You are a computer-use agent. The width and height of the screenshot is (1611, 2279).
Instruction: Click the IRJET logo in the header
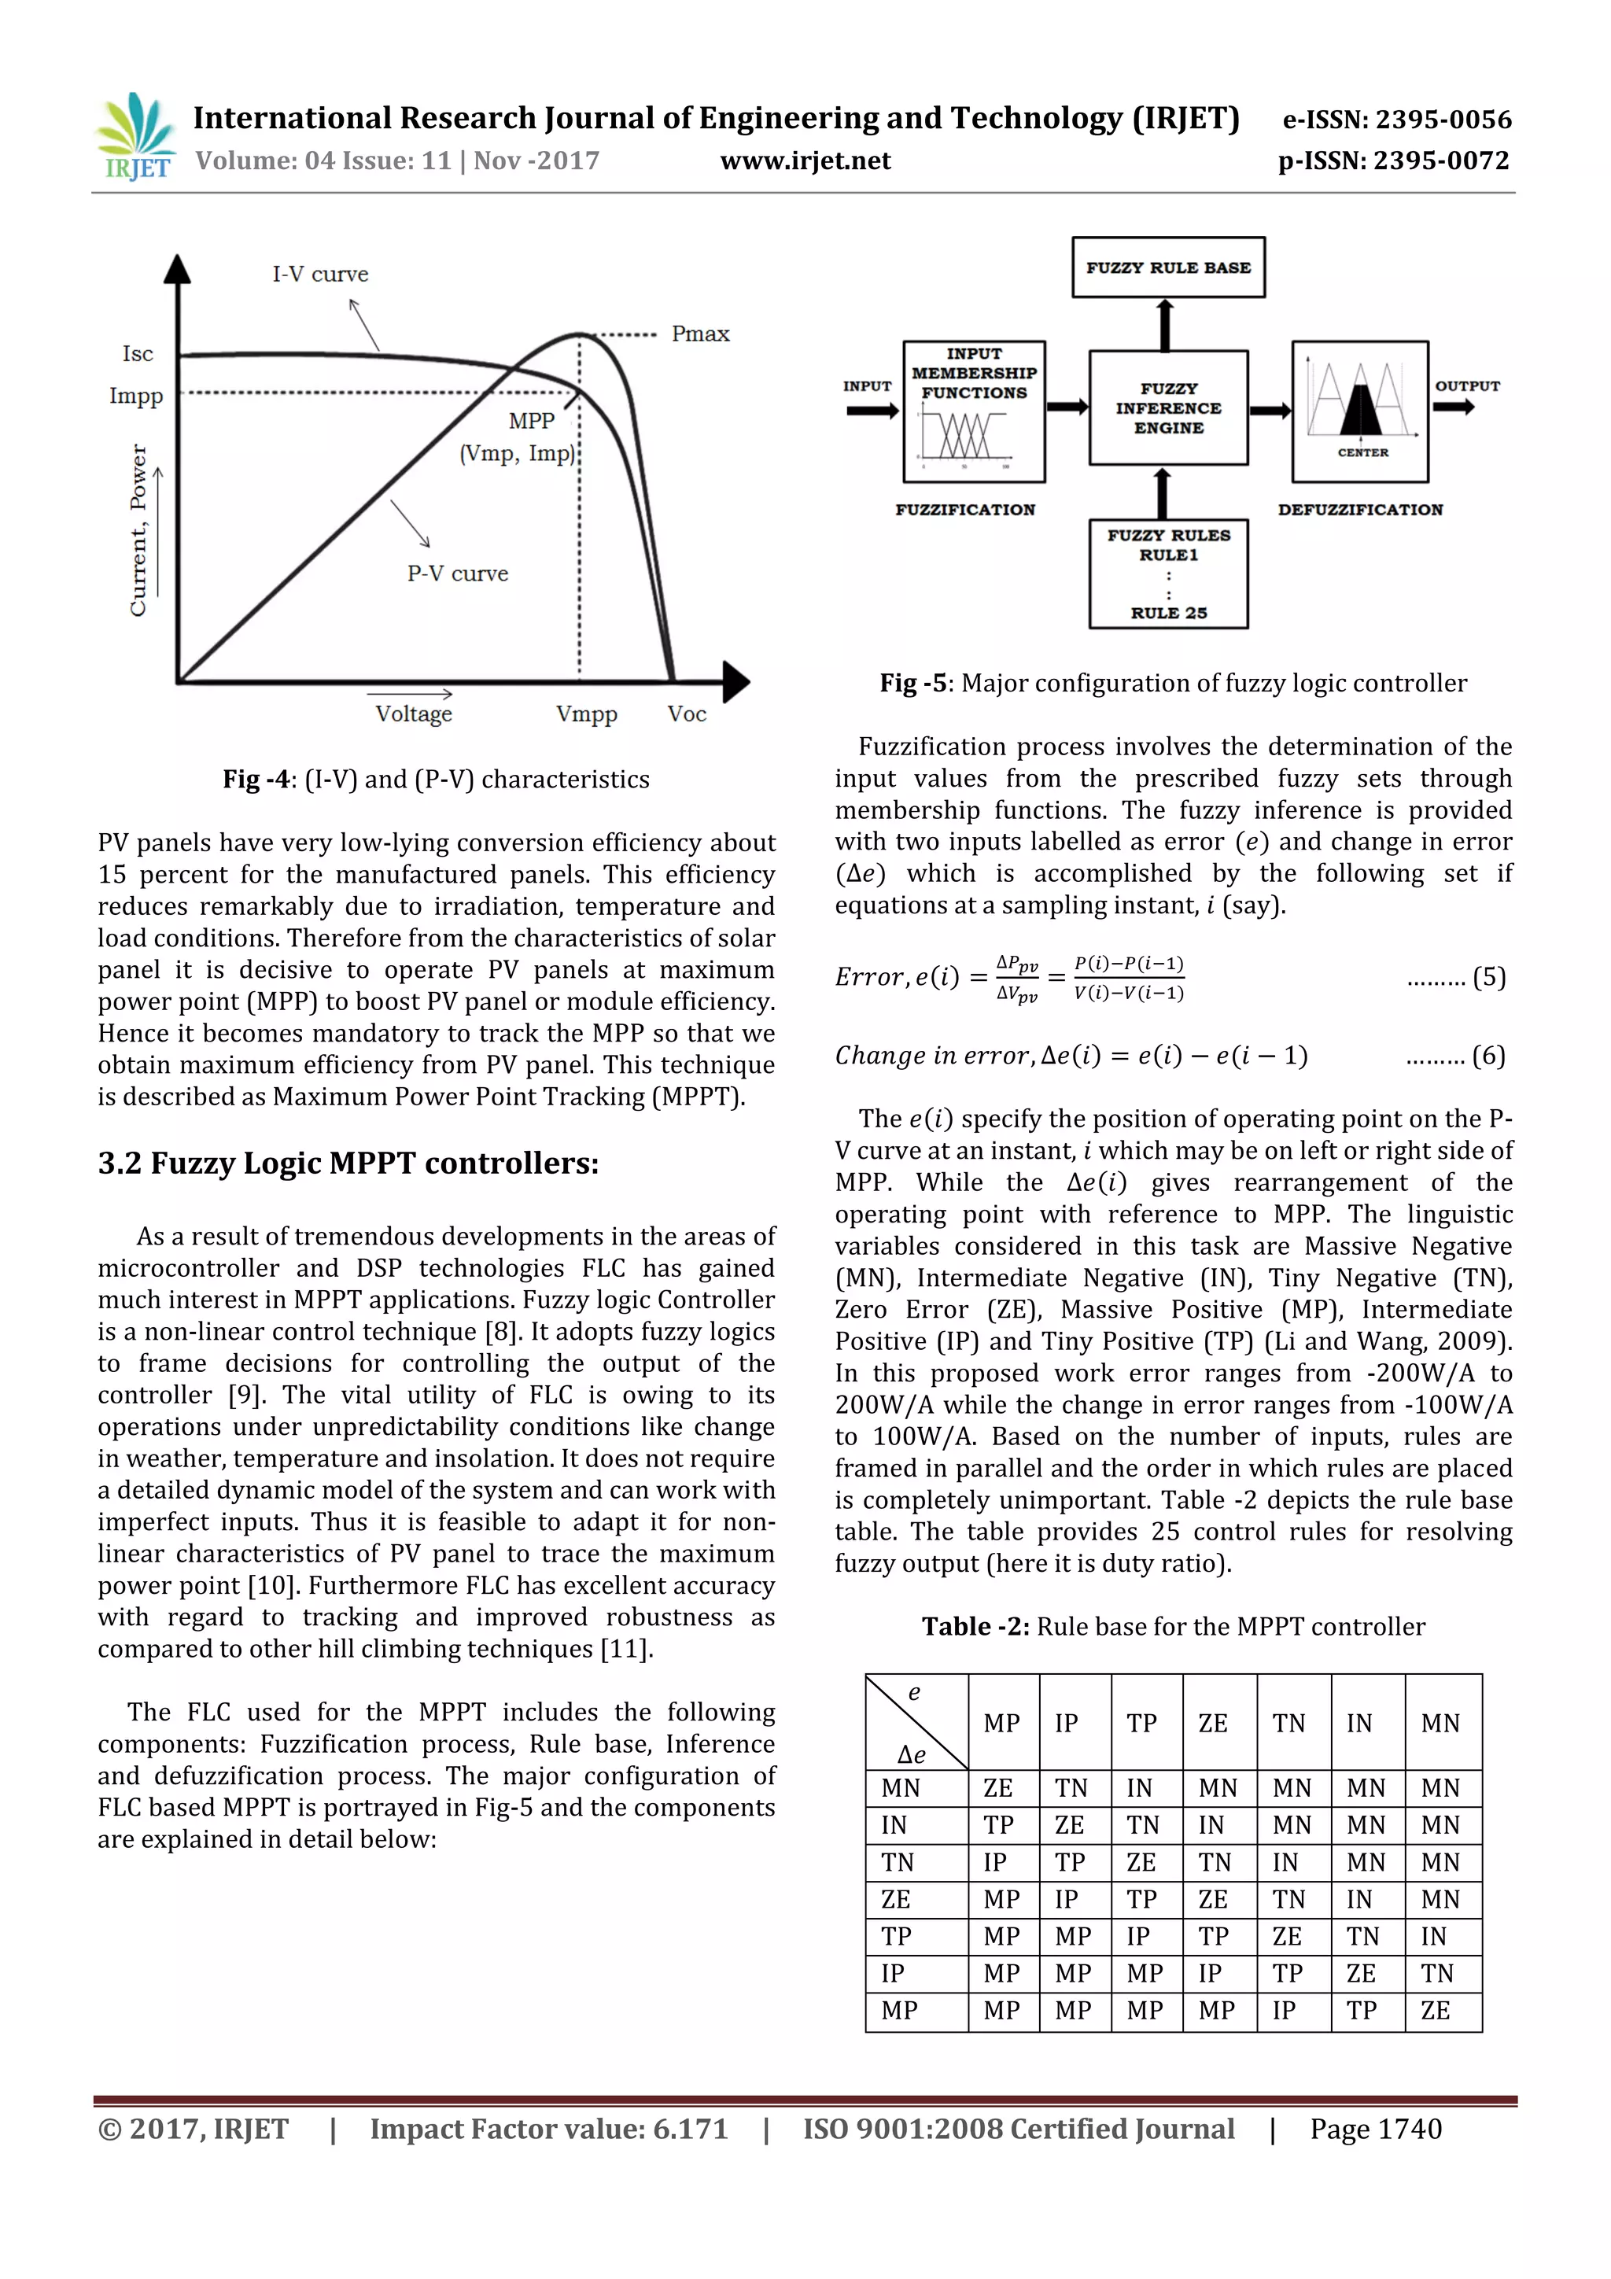point(136,137)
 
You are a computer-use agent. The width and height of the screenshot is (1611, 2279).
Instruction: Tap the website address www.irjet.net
point(805,160)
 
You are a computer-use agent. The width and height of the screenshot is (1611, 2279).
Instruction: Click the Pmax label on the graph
point(700,334)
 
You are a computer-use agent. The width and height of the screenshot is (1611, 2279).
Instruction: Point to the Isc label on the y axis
point(138,354)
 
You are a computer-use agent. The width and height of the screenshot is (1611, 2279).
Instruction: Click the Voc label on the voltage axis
point(686,714)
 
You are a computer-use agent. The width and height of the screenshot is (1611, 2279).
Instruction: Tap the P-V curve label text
point(458,573)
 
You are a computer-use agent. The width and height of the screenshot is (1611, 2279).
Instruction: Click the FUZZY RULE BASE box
point(1167,267)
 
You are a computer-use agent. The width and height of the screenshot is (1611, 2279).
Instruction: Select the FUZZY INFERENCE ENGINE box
point(1167,408)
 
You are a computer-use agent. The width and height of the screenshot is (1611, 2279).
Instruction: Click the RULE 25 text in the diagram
point(1168,614)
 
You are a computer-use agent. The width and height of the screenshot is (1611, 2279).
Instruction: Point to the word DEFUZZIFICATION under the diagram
point(1360,509)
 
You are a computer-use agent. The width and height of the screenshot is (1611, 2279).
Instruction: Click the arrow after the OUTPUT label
point(1455,407)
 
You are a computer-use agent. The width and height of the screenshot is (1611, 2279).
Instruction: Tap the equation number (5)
point(1488,978)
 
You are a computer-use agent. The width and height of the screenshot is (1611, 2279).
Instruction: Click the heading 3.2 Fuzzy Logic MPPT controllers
point(348,1163)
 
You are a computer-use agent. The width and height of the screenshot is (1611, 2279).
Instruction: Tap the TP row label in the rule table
point(895,1937)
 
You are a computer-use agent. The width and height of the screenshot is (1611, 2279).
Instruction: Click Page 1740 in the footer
point(1375,2129)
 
